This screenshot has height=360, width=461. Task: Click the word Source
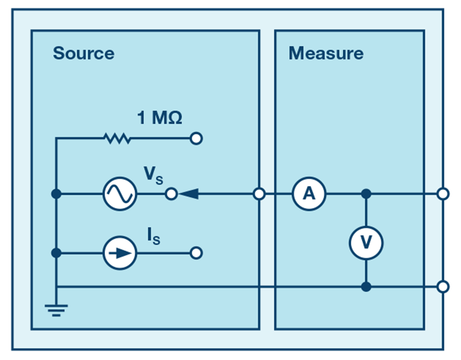tap(83, 53)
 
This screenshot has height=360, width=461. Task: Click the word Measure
tap(326, 53)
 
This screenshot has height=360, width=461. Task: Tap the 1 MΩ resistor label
tap(160, 118)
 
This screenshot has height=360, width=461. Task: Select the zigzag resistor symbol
tap(117, 138)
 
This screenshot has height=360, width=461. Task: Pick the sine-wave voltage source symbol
tap(120, 194)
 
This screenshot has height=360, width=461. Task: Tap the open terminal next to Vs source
tap(172, 194)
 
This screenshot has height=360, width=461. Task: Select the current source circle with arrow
tap(120, 253)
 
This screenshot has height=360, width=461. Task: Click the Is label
tap(154, 236)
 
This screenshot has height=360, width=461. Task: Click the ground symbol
tap(56, 310)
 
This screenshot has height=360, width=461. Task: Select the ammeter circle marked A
tap(309, 194)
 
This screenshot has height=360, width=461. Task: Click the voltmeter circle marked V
tap(366, 243)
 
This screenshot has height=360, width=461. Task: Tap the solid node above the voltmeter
tap(366, 194)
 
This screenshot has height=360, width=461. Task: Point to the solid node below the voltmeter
tap(366, 287)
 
